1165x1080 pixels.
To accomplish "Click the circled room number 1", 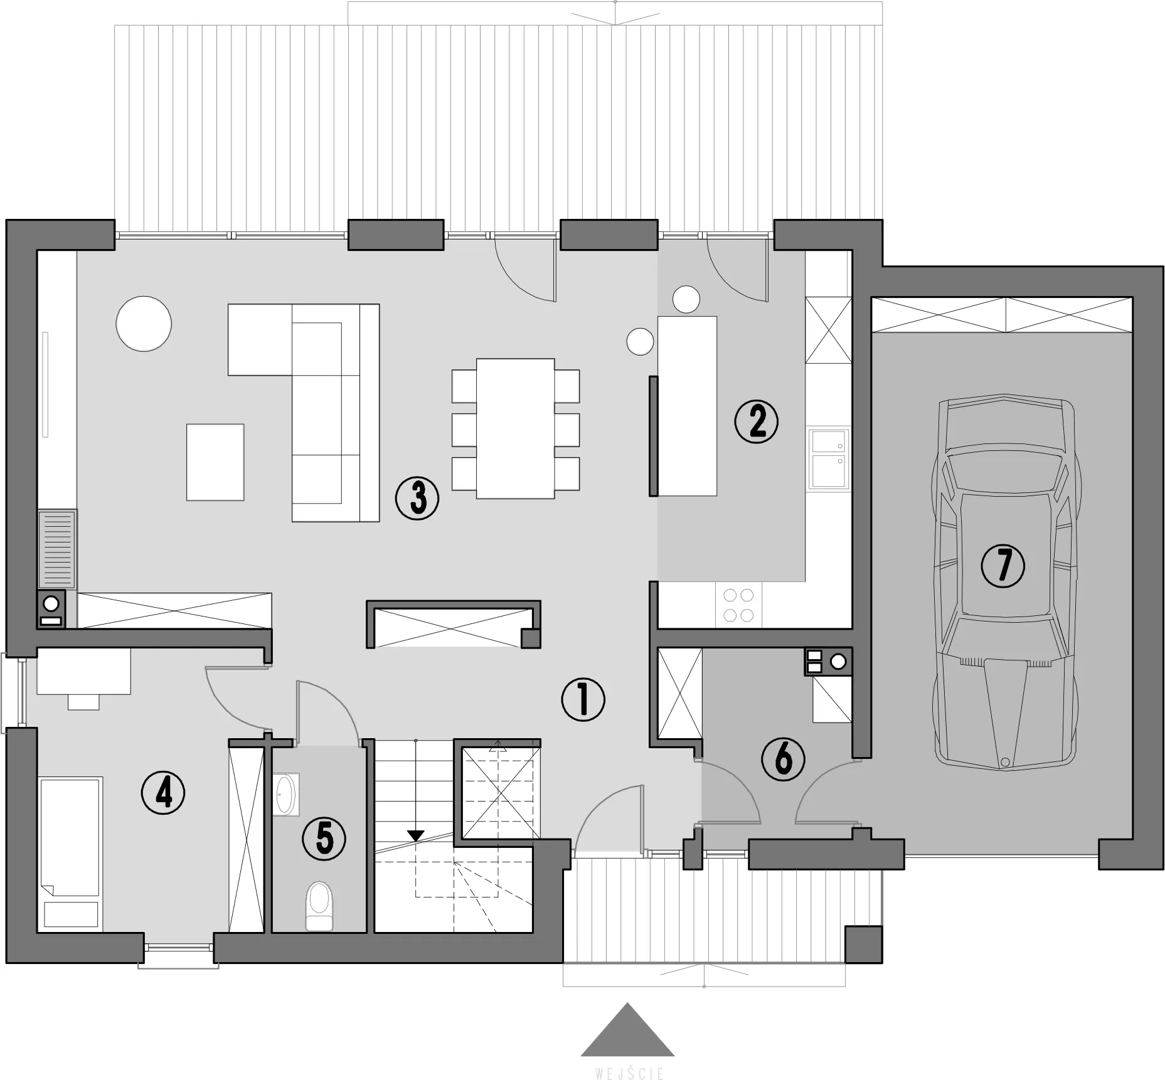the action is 583,699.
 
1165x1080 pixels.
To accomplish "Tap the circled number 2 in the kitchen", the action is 757,422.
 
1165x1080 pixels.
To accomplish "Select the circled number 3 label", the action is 417,498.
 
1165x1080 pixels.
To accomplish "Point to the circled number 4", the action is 163,793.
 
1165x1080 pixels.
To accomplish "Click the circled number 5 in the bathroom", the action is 324,839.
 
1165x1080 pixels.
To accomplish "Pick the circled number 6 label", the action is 784,759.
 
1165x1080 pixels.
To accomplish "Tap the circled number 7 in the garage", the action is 1003,565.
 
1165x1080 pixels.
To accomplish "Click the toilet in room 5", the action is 319,906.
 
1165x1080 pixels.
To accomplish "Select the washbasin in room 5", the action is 287,795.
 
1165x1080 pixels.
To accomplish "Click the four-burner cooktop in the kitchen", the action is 738,605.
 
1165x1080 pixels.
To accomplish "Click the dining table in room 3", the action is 516,428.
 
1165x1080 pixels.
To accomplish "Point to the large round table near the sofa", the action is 144,324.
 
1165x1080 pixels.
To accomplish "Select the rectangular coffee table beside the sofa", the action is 215,462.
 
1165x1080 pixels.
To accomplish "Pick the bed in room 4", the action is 70,853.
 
